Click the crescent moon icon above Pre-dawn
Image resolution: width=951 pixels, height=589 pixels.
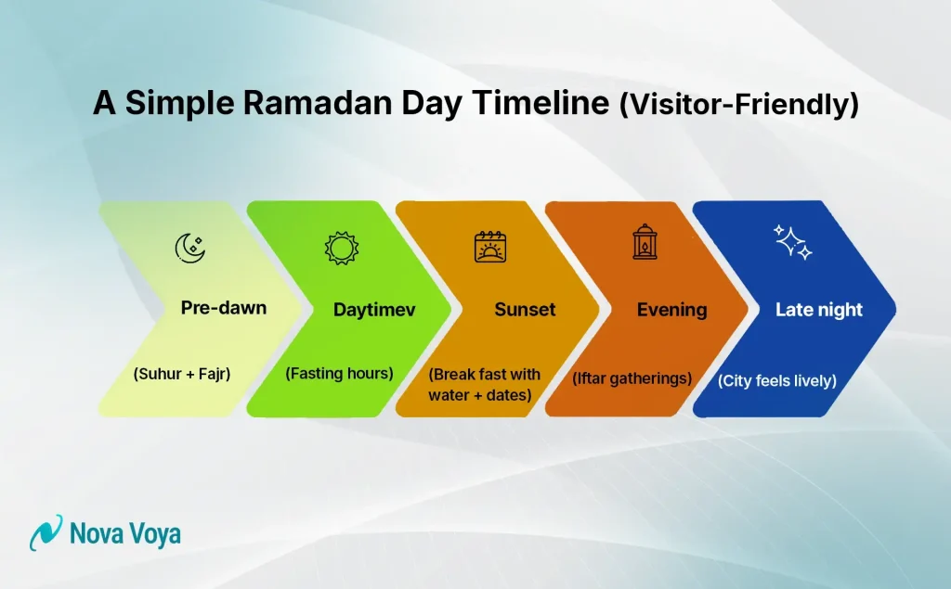(190, 247)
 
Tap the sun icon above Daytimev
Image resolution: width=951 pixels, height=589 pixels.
(340, 248)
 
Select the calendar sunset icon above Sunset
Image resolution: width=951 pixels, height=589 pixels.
(489, 248)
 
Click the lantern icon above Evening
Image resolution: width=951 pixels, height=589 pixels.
(644, 242)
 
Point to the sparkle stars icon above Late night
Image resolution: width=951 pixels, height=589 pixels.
(794, 242)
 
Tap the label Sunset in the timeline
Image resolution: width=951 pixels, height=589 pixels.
(525, 310)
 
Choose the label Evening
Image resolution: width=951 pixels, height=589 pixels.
(671, 310)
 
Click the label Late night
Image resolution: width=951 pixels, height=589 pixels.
(819, 310)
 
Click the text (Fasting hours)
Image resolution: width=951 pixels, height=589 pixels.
(339, 373)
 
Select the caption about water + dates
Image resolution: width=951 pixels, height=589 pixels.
(484, 385)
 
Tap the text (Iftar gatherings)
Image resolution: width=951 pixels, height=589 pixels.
(632, 378)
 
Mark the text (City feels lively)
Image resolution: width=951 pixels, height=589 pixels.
(777, 380)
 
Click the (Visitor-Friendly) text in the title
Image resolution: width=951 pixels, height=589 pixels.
(738, 105)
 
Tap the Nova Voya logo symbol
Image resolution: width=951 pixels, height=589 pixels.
(46, 533)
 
